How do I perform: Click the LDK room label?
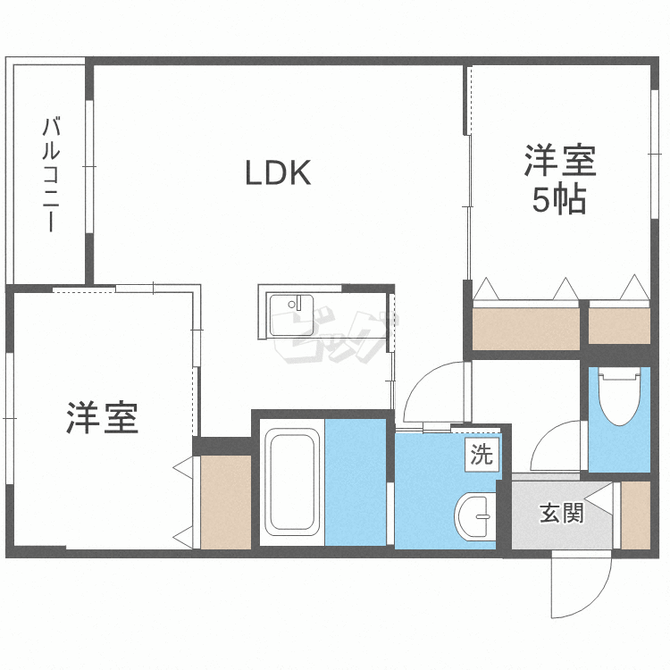pos(278,172)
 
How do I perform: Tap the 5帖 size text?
pos(559,200)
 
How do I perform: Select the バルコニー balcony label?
pos(51,175)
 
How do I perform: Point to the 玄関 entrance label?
pos(562,513)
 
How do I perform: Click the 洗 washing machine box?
pos(482,455)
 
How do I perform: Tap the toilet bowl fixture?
pos(619,398)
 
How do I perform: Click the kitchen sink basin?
pos(292,315)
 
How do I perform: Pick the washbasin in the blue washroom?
pos(475,516)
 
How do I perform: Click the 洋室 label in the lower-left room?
pos(102,417)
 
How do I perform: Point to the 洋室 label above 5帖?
pos(560,161)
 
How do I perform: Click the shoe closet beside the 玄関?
pos(635,515)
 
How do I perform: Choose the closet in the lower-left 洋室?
pos(226,502)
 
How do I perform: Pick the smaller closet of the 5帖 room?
pos(619,325)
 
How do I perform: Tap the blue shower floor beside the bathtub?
pos(356,482)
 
